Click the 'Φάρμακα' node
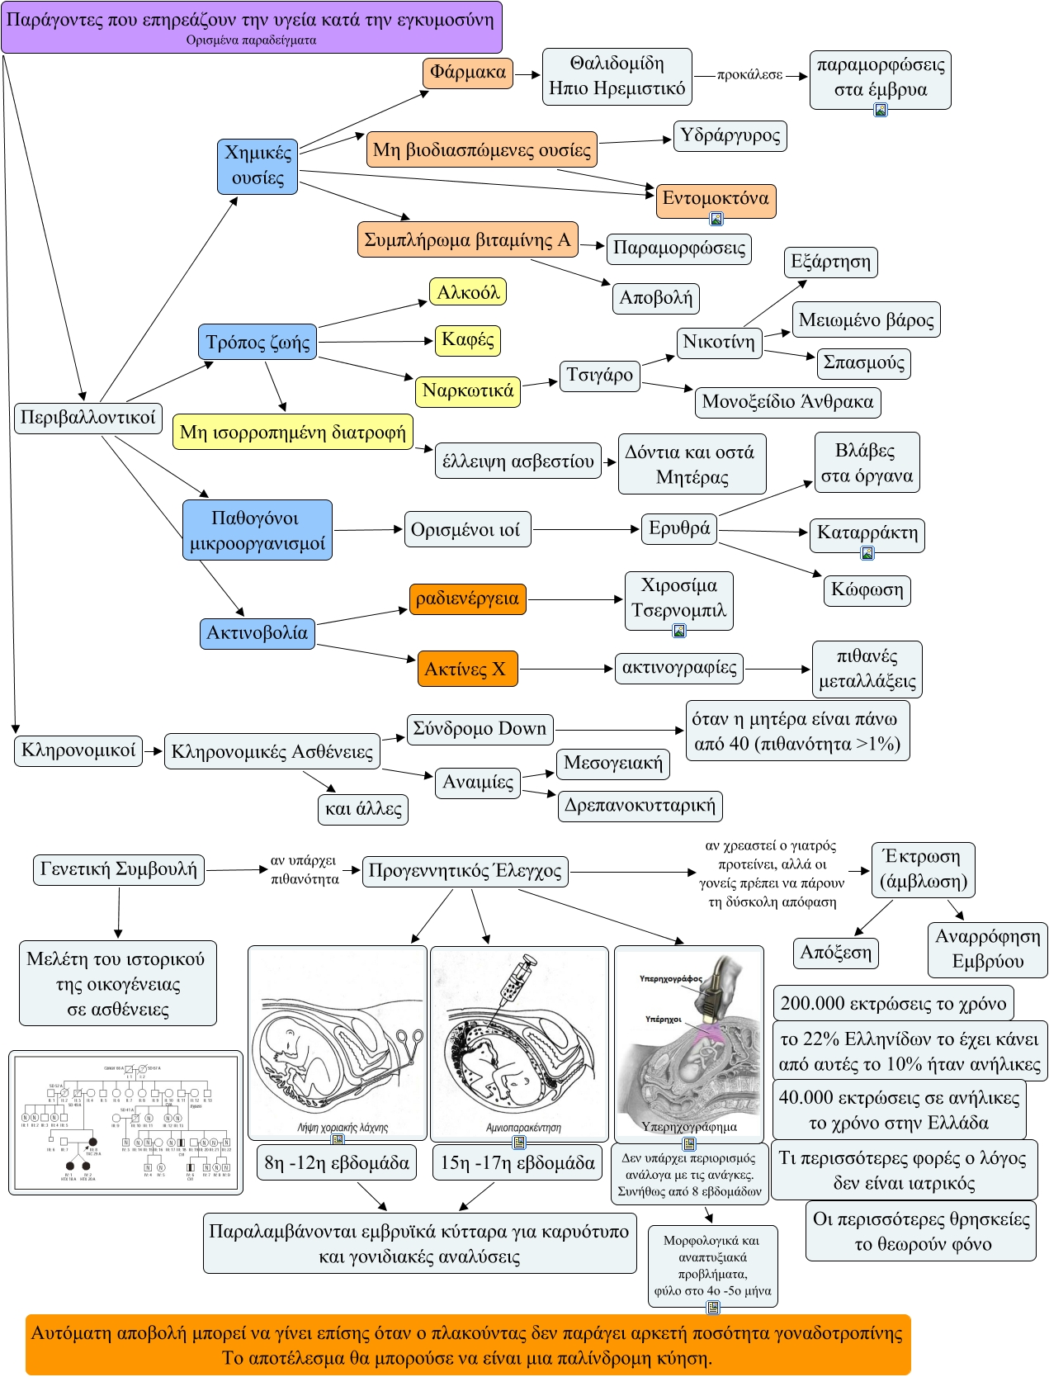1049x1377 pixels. pos(468,73)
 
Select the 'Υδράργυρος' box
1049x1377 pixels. pos(730,135)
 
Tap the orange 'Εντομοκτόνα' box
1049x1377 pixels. pos(716,198)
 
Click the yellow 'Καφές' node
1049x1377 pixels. pos(468,339)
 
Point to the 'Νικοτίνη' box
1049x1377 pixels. pos(719,343)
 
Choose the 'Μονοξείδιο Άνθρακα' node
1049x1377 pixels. pos(787,402)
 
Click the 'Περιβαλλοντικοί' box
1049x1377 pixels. pos(87,418)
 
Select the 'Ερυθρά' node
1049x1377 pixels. pos(679,528)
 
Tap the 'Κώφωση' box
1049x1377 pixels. pos(867,589)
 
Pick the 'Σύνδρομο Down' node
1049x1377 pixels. pos(480,729)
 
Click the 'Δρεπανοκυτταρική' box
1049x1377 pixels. pos(640,806)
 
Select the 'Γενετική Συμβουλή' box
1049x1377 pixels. pos(119,869)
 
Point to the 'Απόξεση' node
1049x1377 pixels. pos(835,953)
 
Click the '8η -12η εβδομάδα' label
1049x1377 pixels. pos(337,1163)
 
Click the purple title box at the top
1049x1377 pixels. pos(251,26)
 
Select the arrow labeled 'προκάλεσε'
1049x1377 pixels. pos(750,75)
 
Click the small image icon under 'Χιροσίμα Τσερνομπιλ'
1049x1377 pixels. pos(679,632)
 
